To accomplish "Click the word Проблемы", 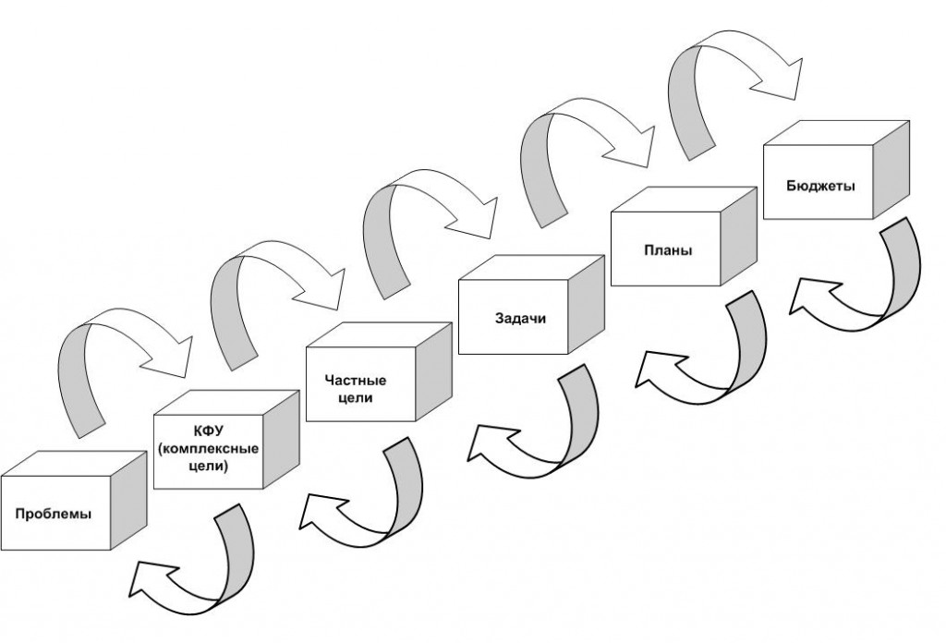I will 53,514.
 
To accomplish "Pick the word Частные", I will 355,381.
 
